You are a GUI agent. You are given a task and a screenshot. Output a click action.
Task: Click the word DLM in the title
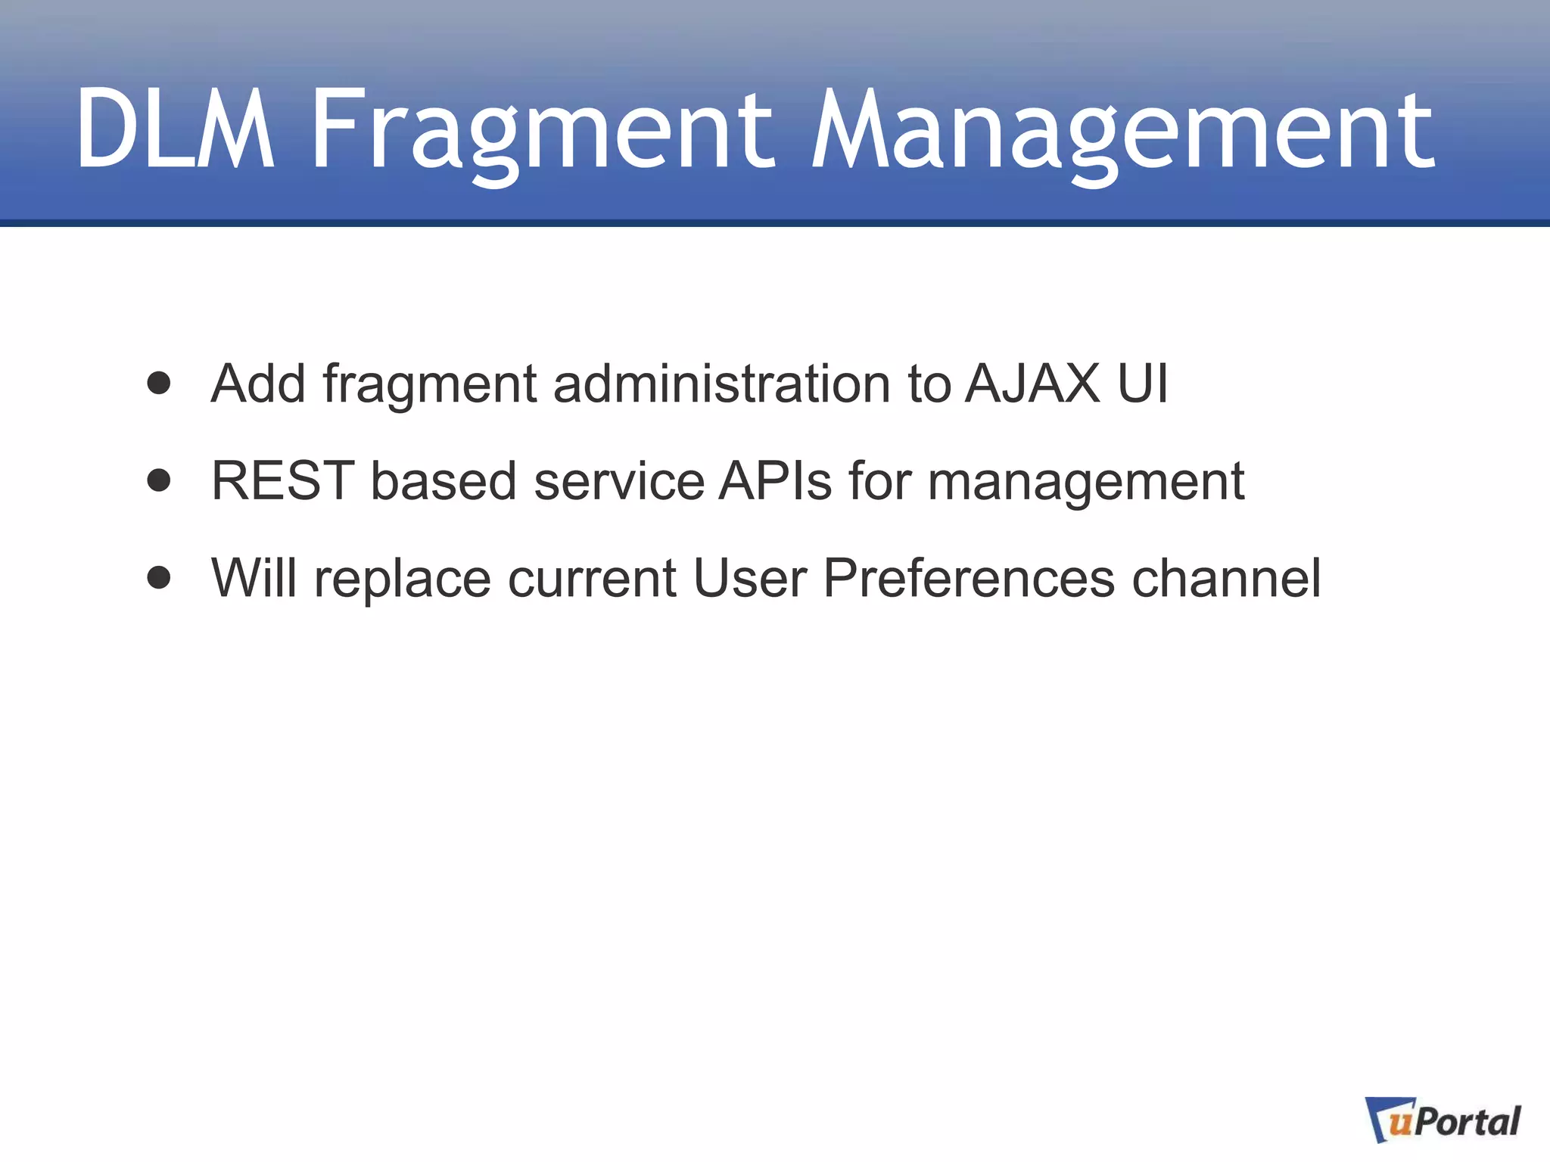175,129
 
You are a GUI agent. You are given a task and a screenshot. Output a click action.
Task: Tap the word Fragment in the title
542,129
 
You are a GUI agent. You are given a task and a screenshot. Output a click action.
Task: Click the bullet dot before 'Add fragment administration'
159,384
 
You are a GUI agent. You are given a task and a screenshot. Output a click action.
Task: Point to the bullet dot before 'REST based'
159,480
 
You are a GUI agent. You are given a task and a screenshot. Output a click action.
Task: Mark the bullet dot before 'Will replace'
159,578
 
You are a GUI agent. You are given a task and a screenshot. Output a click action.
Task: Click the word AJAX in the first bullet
1032,384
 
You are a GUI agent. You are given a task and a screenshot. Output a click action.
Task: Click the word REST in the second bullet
283,480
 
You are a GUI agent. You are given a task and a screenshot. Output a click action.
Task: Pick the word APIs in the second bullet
775,480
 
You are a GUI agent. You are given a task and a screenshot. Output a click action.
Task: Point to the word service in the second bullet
619,480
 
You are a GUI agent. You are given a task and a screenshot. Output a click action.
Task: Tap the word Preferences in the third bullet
968,578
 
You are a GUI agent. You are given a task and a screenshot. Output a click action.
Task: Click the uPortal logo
1443,1120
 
